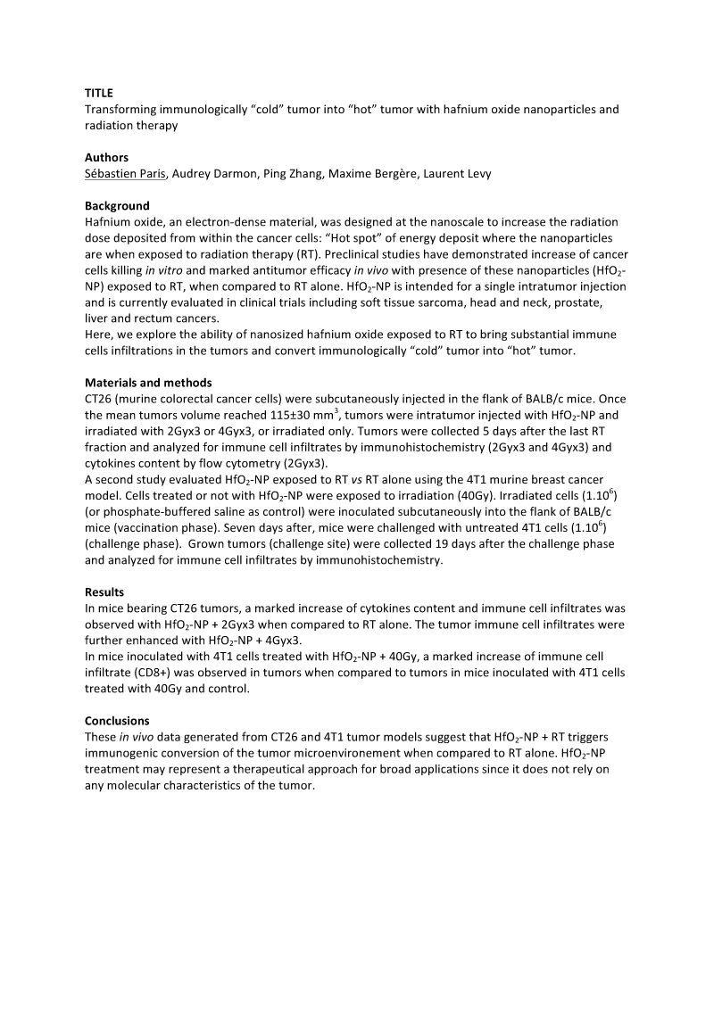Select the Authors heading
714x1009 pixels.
pyautogui.click(x=106, y=158)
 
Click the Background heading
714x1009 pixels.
pyautogui.click(x=117, y=206)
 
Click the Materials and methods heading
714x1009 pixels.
pyautogui.click(x=148, y=384)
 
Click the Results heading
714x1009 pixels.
pyautogui.click(x=104, y=592)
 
